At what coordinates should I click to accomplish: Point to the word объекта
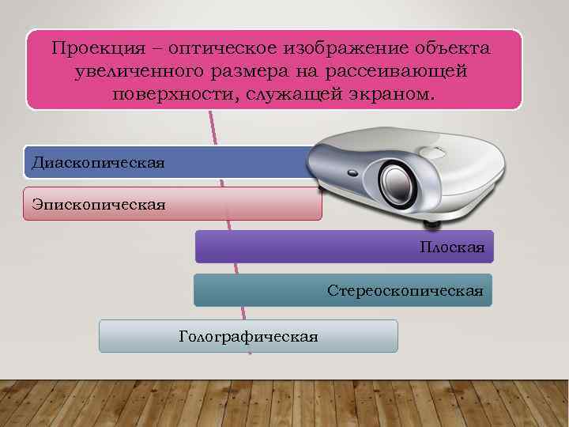tap(453, 49)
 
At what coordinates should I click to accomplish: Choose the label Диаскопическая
tap(98, 163)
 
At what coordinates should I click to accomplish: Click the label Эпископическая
tap(99, 205)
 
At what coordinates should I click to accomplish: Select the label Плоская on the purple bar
tap(452, 248)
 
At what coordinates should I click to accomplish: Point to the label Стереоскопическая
tap(405, 291)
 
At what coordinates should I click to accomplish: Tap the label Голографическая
tap(249, 337)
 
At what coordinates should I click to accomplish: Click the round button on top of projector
tap(431, 151)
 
